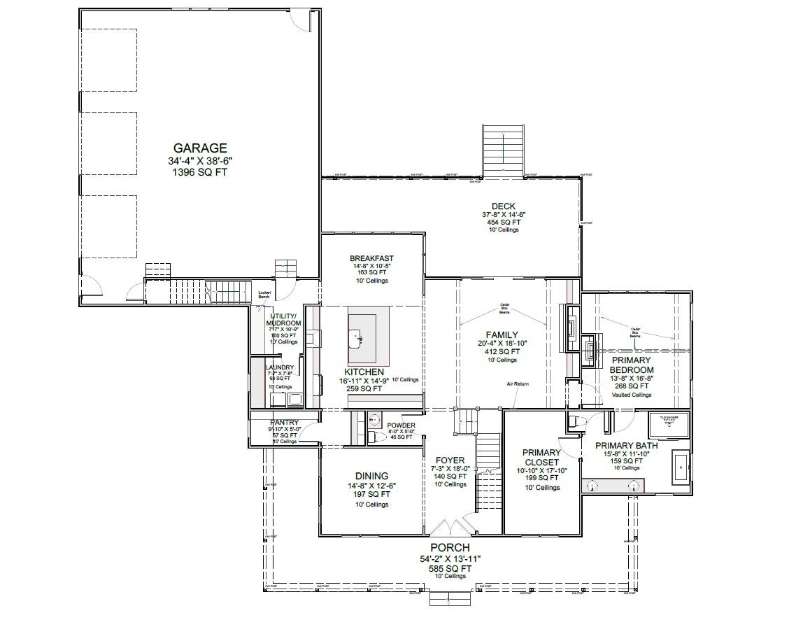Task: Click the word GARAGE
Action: pyautogui.click(x=200, y=148)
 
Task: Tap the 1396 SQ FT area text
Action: pyautogui.click(x=200, y=171)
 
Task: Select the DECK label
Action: pyautogui.click(x=503, y=206)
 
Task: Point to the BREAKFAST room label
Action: pyautogui.click(x=371, y=258)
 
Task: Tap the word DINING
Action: pyautogui.click(x=371, y=476)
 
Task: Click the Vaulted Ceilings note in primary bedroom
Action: pyautogui.click(x=631, y=395)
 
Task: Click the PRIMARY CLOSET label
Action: pyautogui.click(x=541, y=458)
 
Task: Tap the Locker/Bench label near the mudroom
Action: pyautogui.click(x=264, y=295)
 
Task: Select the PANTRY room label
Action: pyautogui.click(x=284, y=423)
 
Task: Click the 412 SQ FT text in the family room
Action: pyautogui.click(x=502, y=352)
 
